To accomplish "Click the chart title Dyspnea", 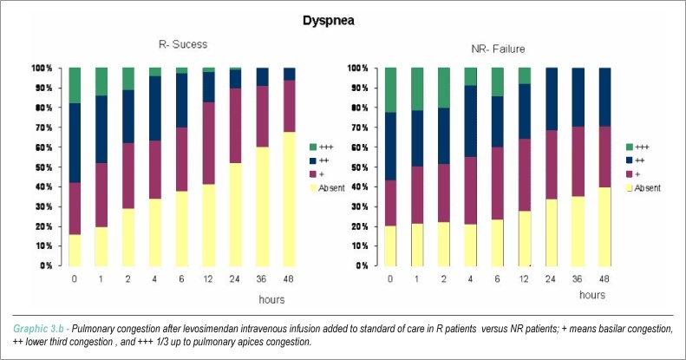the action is [328, 21].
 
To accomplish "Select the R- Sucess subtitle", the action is [183, 44].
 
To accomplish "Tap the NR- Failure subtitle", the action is [498, 49].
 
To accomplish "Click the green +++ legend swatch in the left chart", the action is [313, 147].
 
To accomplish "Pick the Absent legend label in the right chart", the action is [648, 188].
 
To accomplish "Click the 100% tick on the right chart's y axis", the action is [358, 69].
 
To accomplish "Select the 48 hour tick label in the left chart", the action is [288, 278].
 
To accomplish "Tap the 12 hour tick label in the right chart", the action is [524, 278].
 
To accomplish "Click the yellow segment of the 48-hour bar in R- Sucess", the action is [289, 199].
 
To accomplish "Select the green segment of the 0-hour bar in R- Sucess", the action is [75, 85].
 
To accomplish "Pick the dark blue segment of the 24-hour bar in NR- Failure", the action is [552, 99].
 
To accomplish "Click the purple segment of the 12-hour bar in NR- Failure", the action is [525, 175].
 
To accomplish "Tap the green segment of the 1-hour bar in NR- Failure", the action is [417, 89].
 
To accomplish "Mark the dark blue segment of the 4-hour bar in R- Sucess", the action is [155, 108].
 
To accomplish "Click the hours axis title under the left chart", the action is [271, 299].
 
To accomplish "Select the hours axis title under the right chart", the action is [592, 295].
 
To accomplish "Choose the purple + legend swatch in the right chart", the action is [629, 174].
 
